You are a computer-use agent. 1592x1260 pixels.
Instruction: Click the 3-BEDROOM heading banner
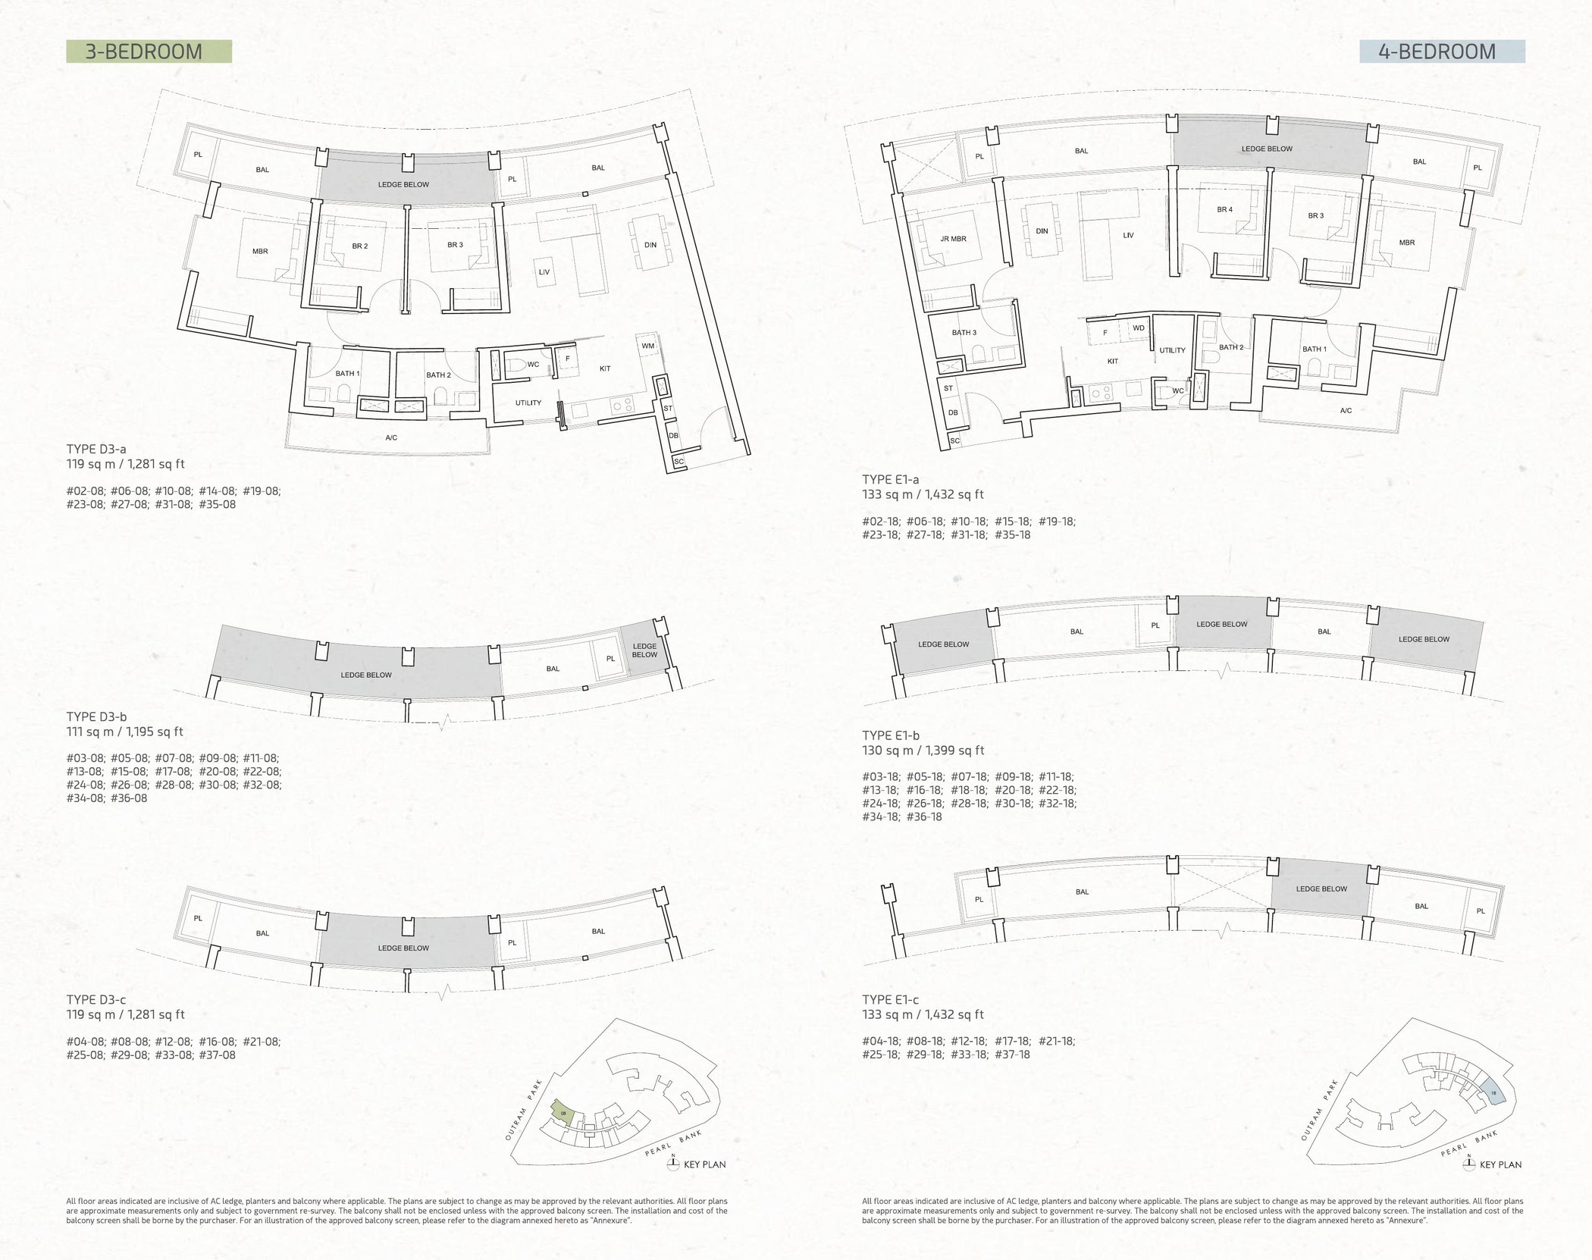(x=149, y=52)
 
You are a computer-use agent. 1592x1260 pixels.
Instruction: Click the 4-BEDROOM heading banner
(x=1442, y=52)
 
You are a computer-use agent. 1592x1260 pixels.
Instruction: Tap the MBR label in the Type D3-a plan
(x=260, y=251)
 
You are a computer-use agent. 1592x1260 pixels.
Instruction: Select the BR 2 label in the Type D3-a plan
(x=360, y=246)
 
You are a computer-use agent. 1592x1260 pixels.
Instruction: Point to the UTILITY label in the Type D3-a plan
(x=528, y=403)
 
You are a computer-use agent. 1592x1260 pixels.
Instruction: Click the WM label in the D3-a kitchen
(x=647, y=346)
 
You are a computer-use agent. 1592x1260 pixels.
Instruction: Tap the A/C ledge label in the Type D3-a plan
(x=391, y=437)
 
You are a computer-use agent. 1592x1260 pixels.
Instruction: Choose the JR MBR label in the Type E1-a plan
(x=953, y=239)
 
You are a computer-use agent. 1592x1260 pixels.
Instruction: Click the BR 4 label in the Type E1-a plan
(x=1225, y=209)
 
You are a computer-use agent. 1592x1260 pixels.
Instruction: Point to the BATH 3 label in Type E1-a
(x=964, y=333)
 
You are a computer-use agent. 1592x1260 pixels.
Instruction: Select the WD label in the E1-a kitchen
(x=1139, y=328)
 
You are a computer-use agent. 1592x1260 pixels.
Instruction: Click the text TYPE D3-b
(x=97, y=716)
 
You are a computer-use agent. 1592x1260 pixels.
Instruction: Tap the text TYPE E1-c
(x=891, y=999)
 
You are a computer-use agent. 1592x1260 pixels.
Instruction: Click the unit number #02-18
(x=881, y=522)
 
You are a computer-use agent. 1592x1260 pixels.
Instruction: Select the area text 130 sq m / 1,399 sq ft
(x=923, y=751)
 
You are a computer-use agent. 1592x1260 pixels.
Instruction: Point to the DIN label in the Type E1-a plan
(x=1042, y=230)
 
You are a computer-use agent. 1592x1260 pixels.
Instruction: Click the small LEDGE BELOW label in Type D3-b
(x=644, y=650)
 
